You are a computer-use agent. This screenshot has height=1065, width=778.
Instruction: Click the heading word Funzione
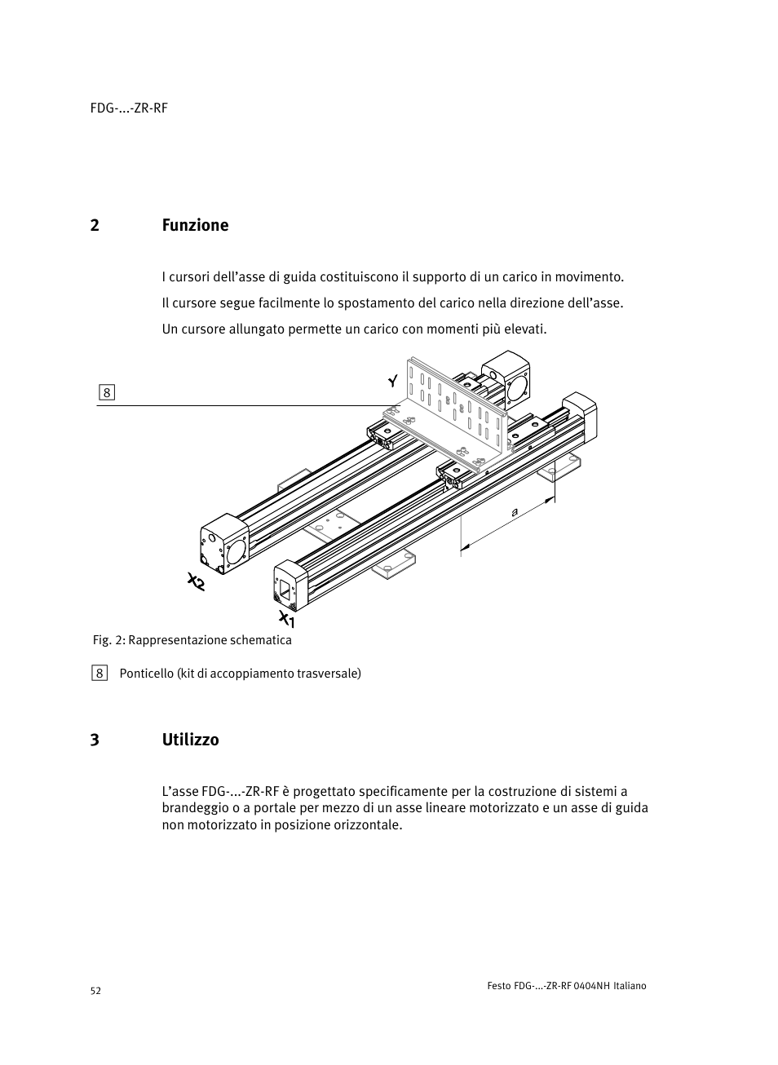coord(195,225)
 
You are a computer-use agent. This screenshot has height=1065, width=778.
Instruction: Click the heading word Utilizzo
coord(190,740)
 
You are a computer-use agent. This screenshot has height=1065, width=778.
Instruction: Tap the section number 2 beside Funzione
coord(95,225)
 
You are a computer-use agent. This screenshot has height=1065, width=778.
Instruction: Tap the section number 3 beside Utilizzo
coord(95,740)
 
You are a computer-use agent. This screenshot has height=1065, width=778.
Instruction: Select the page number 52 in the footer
coord(95,991)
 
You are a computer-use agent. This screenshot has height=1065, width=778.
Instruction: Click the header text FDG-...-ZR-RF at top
coord(129,108)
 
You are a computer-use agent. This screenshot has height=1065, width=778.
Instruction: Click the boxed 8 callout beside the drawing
coord(107,392)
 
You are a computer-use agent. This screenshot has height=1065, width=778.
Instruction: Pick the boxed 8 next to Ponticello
coord(99,673)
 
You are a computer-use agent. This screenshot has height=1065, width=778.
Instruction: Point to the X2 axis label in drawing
coord(196,582)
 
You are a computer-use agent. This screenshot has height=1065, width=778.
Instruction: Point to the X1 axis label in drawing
coord(286,619)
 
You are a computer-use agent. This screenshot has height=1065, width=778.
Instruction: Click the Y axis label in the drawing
coord(392,381)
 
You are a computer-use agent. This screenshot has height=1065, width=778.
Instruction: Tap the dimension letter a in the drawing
coord(515,512)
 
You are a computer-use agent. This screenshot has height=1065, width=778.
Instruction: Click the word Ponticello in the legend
coord(146,673)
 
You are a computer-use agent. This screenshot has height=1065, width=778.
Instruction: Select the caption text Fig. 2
coord(108,640)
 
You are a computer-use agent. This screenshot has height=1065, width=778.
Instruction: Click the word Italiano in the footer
coord(630,986)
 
